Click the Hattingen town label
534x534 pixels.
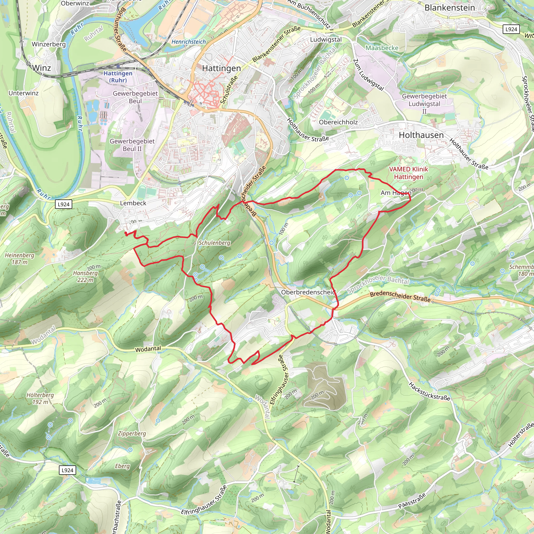221,68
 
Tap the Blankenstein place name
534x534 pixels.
450,8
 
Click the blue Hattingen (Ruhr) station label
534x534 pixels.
118,77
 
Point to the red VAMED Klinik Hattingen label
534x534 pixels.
408,173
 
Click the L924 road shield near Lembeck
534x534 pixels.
64,204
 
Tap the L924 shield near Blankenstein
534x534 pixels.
511,29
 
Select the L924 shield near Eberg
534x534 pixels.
67,470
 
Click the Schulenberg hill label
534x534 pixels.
214,243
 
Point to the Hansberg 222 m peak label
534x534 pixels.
86,276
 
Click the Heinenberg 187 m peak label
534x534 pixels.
19,258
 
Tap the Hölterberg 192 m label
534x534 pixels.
40,398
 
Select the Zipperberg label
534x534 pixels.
132,433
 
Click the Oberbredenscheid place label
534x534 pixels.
308,292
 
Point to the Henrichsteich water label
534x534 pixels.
189,42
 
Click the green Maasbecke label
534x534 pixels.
382,48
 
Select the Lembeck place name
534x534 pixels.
133,203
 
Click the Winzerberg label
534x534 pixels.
49,44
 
